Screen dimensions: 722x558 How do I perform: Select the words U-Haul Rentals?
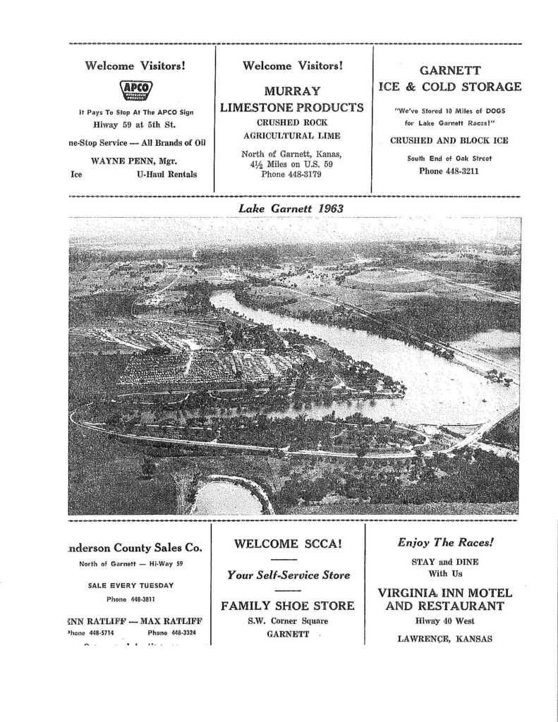coord(167,173)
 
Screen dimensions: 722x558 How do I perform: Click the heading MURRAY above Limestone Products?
coord(292,91)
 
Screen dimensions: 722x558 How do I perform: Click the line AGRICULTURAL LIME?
coord(292,135)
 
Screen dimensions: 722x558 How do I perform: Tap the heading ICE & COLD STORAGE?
coord(449,87)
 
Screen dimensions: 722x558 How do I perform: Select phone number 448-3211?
coord(449,171)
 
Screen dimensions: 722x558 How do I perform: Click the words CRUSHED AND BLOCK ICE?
coord(449,140)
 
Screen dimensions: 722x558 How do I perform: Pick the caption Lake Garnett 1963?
coord(290,209)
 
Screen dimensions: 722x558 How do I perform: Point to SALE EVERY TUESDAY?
coord(131,585)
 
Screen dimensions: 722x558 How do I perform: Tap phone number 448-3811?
coord(131,600)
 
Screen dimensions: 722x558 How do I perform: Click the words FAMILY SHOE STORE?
coord(289,606)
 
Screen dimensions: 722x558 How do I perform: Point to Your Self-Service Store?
coord(289,575)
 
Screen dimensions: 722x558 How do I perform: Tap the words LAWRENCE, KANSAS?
coord(444,639)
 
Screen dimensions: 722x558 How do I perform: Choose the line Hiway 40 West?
coord(444,622)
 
